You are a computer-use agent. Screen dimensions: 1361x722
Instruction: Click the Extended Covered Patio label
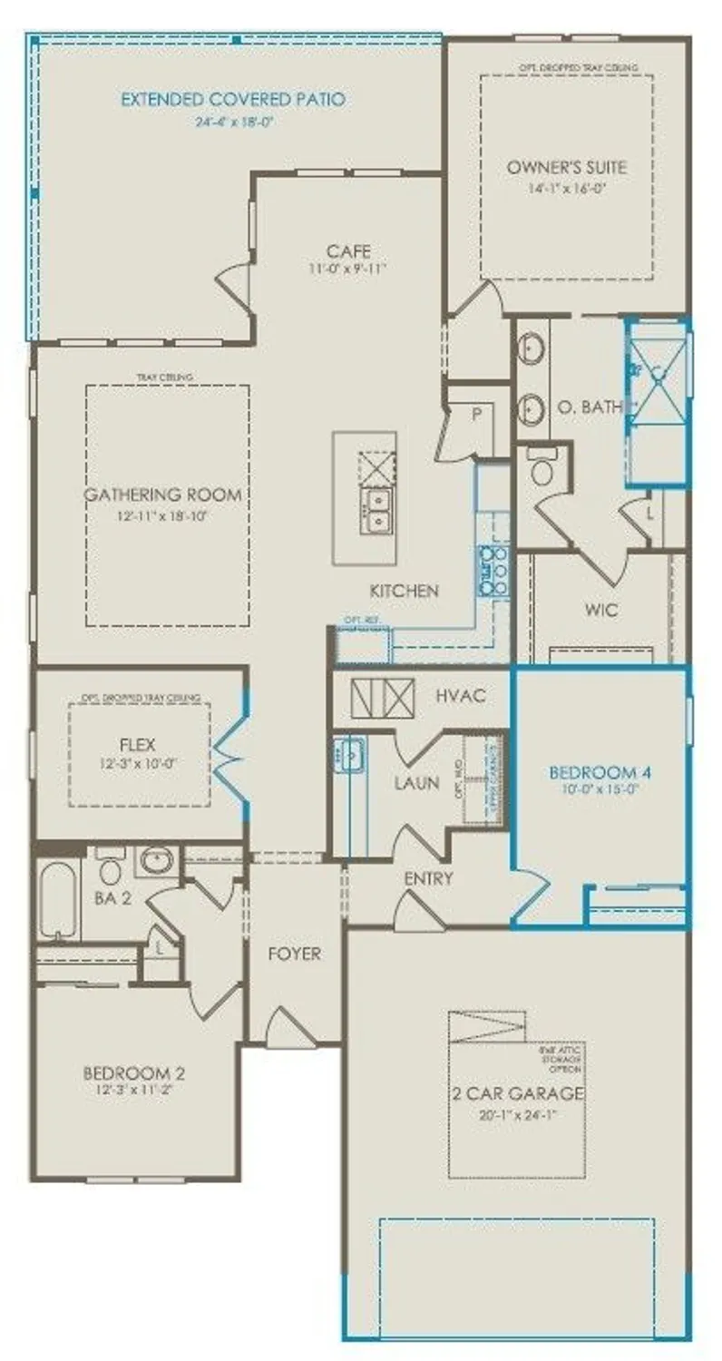coord(233,99)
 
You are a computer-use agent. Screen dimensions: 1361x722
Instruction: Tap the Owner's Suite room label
coord(567,167)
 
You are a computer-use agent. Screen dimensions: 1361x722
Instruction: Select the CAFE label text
coord(349,250)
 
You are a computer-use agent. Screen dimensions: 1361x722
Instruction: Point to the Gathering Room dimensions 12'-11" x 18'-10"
coord(164,516)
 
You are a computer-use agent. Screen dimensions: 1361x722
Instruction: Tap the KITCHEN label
coord(404,591)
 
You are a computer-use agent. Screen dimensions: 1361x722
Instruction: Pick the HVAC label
coord(462,696)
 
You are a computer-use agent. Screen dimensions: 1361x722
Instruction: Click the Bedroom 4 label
coord(601,773)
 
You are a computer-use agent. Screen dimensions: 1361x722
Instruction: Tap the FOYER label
coord(294,954)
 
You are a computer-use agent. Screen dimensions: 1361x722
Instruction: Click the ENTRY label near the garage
coord(428,878)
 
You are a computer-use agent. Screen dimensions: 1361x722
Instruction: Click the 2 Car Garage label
coord(518,1093)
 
